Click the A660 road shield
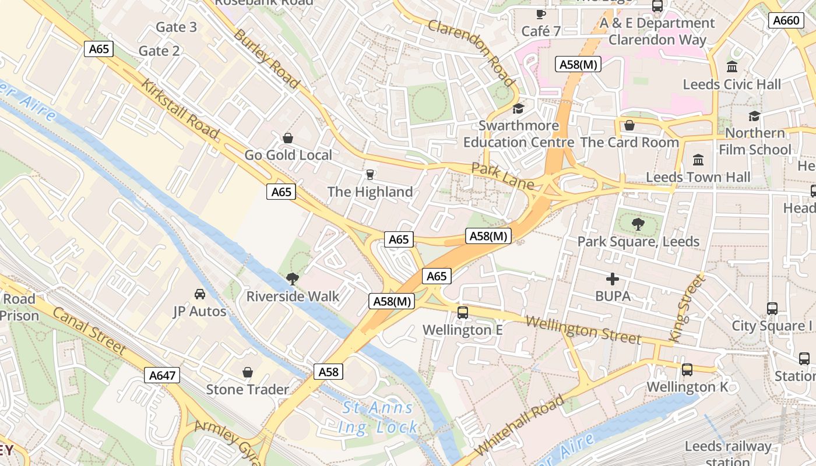pyautogui.click(x=785, y=20)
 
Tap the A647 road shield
pyautogui.click(x=162, y=375)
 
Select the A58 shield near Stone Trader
pyautogui.click(x=328, y=372)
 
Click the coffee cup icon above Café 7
pyautogui.click(x=541, y=13)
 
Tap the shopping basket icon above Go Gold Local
pyautogui.click(x=287, y=138)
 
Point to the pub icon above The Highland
pyautogui.click(x=369, y=174)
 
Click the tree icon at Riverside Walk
pyautogui.click(x=293, y=279)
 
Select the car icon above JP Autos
pyautogui.click(x=199, y=294)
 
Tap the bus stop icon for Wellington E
pyautogui.click(x=463, y=313)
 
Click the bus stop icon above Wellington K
pyautogui.click(x=687, y=369)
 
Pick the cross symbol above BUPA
pyautogui.click(x=613, y=279)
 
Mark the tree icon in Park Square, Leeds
pyautogui.click(x=638, y=224)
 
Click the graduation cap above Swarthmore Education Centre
pyautogui.click(x=518, y=108)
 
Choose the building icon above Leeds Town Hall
pyautogui.click(x=698, y=160)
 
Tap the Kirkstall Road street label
pyautogui.click(x=180, y=108)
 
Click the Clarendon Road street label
pyautogui.click(x=472, y=52)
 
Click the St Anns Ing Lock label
pyautogui.click(x=378, y=418)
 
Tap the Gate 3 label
pyautogui.click(x=176, y=27)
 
